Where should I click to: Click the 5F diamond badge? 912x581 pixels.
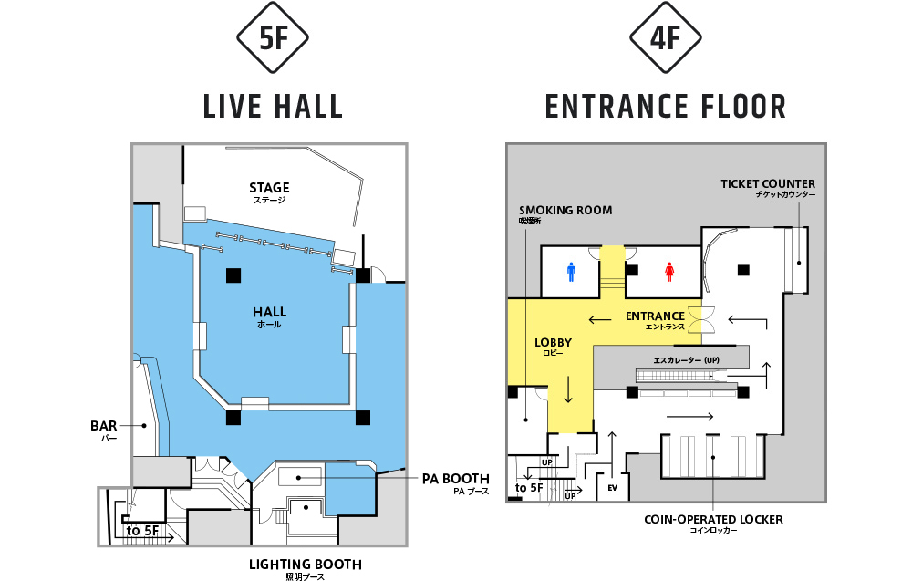click(x=272, y=37)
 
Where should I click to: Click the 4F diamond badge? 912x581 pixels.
click(x=666, y=37)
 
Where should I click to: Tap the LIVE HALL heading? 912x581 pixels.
click(x=273, y=107)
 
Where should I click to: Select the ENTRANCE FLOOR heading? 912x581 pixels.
click(x=666, y=107)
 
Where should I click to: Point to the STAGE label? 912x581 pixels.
click(x=269, y=188)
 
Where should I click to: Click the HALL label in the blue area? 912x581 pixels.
click(x=269, y=312)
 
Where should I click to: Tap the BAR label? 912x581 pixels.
click(x=104, y=426)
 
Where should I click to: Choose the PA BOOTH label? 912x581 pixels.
click(x=455, y=479)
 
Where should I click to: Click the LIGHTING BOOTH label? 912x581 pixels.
click(x=306, y=565)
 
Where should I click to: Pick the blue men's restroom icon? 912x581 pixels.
click(x=571, y=272)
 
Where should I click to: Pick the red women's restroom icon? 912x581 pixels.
click(x=669, y=272)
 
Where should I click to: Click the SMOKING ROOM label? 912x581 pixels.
click(x=565, y=210)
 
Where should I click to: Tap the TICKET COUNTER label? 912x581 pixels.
click(x=768, y=183)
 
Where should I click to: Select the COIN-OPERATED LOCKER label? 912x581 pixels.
click(x=714, y=519)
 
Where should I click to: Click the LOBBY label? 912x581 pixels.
click(x=554, y=343)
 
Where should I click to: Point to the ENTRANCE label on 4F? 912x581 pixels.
click(x=655, y=316)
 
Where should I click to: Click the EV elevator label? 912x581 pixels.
click(x=613, y=488)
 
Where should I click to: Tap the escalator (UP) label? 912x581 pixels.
click(x=687, y=360)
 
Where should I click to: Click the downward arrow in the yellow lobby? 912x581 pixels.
click(x=568, y=389)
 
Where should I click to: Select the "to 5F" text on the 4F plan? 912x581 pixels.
click(x=529, y=487)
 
